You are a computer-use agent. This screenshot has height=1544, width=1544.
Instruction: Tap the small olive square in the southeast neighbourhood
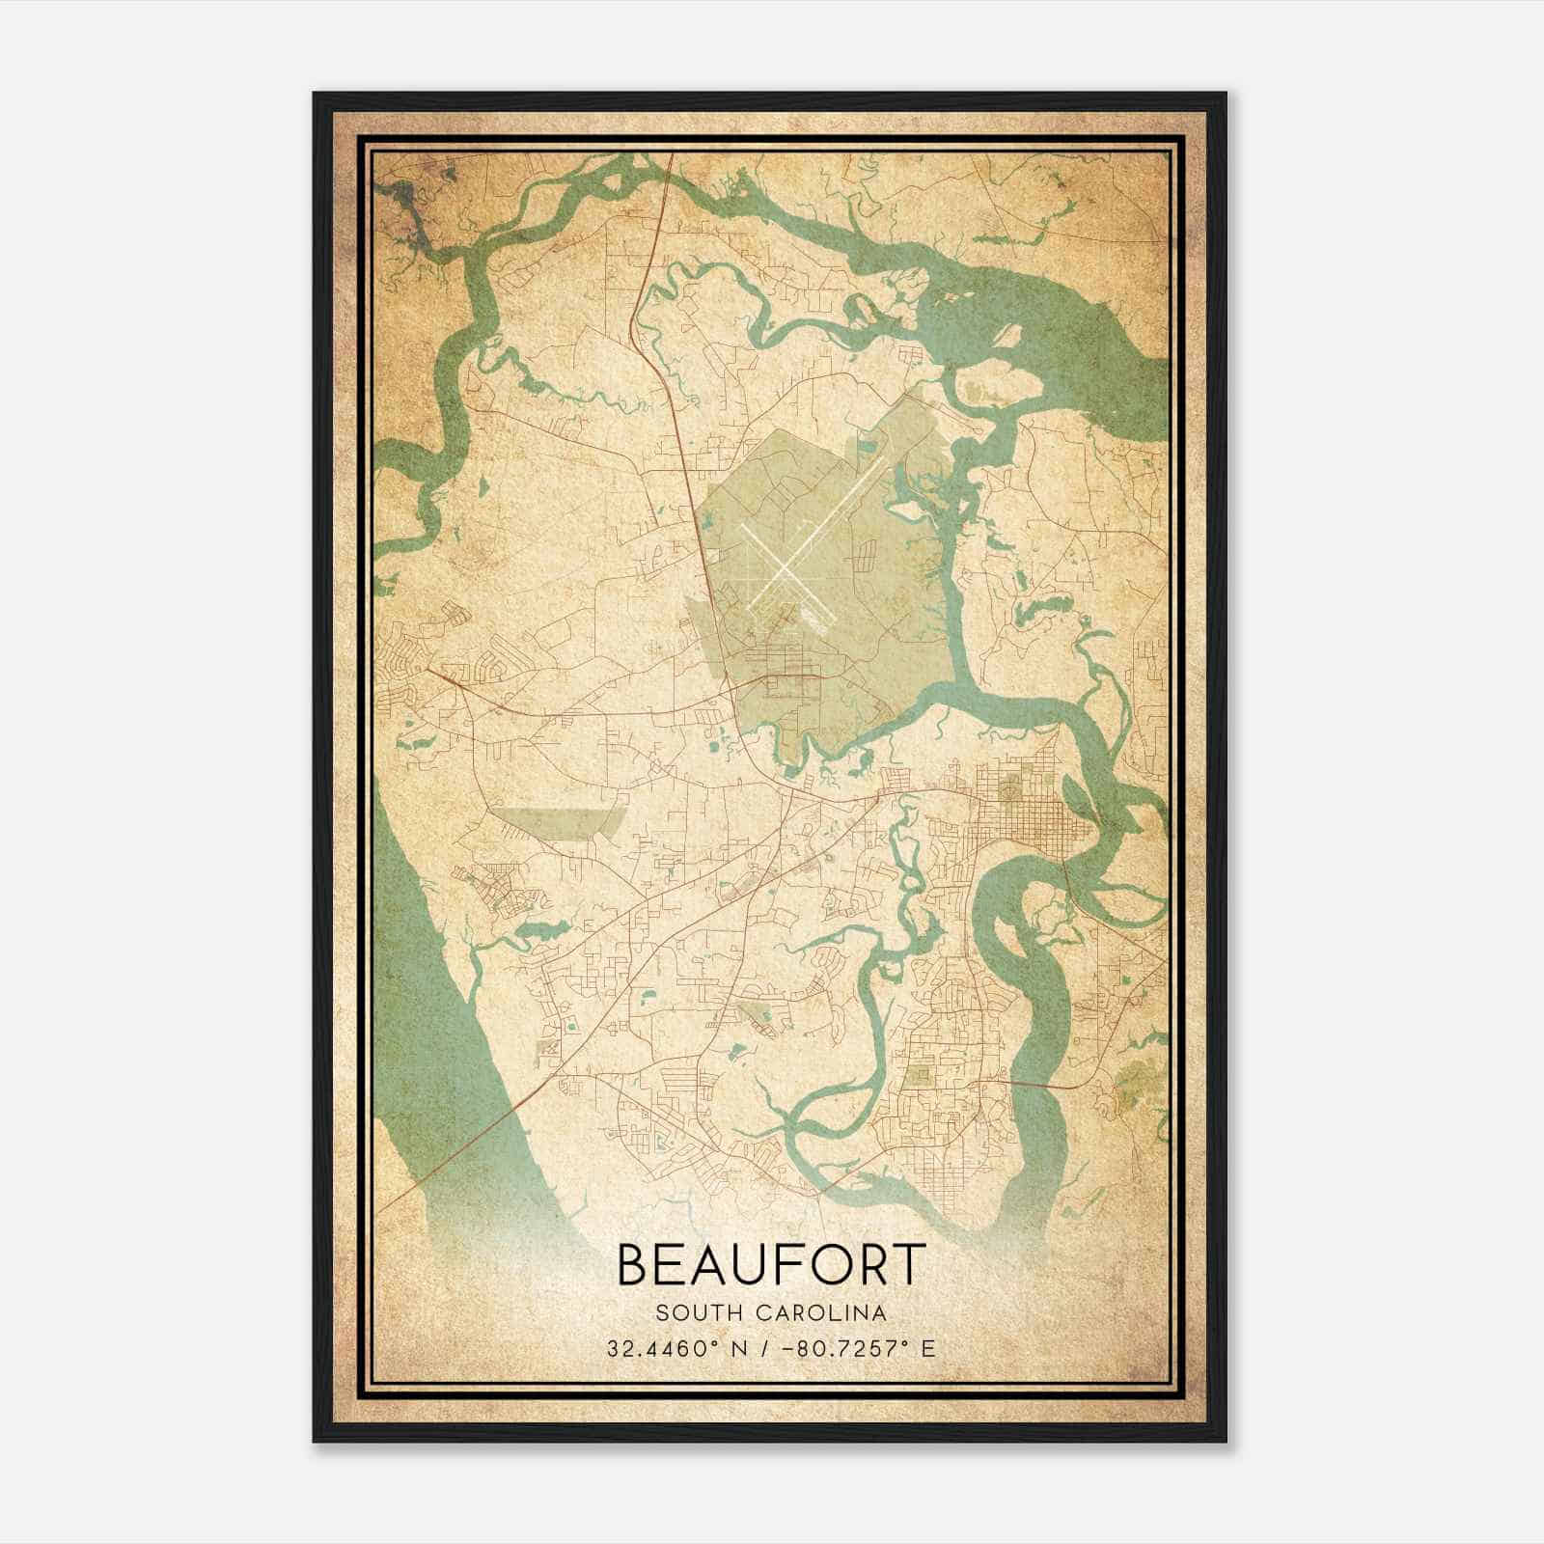[x=918, y=1075]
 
